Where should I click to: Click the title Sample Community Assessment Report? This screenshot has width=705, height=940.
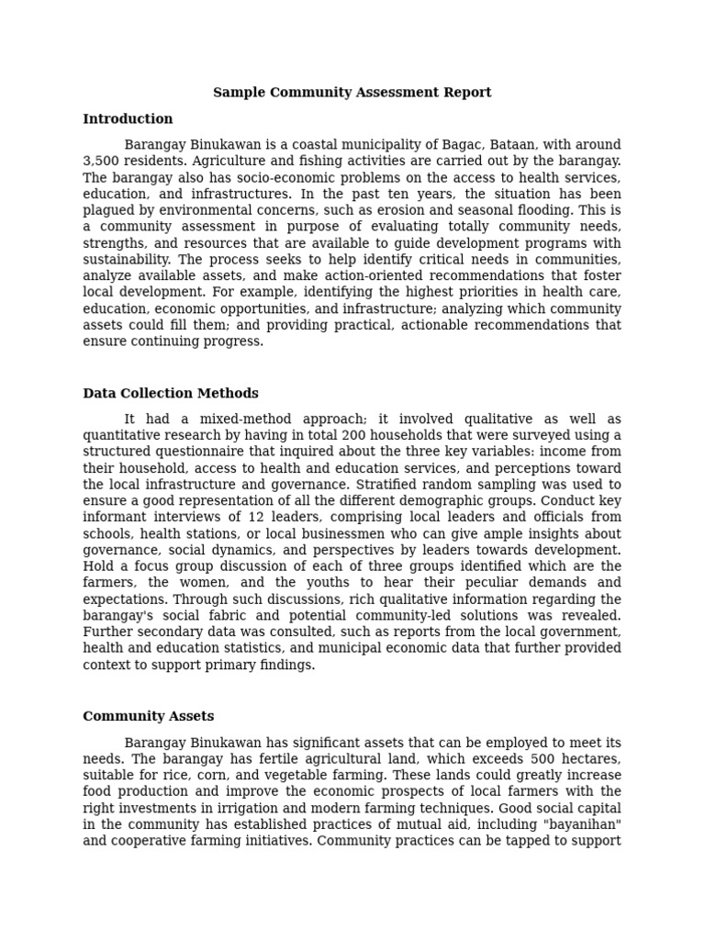352,93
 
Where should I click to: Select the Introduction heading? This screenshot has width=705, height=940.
128,119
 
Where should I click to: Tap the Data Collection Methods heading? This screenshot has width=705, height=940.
171,394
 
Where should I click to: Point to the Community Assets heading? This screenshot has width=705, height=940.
148,717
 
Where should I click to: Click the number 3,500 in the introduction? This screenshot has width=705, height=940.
100,162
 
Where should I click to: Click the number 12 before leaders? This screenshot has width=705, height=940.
257,517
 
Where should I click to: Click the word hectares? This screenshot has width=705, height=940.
587,759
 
